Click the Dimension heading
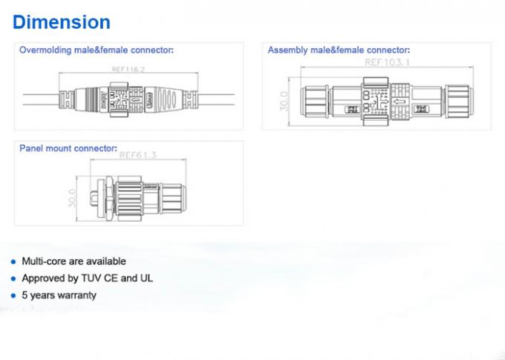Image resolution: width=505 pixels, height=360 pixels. [62, 22]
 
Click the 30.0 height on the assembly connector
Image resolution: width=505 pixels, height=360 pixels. [283, 102]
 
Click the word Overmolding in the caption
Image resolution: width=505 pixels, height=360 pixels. [46, 50]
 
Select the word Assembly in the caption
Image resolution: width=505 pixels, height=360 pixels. [287, 50]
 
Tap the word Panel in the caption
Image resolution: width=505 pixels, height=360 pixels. [31, 148]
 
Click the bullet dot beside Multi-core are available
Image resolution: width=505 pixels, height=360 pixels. [13, 262]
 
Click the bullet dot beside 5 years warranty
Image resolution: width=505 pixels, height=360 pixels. [13, 295]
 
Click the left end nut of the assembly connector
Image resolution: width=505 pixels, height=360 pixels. [312, 100]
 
